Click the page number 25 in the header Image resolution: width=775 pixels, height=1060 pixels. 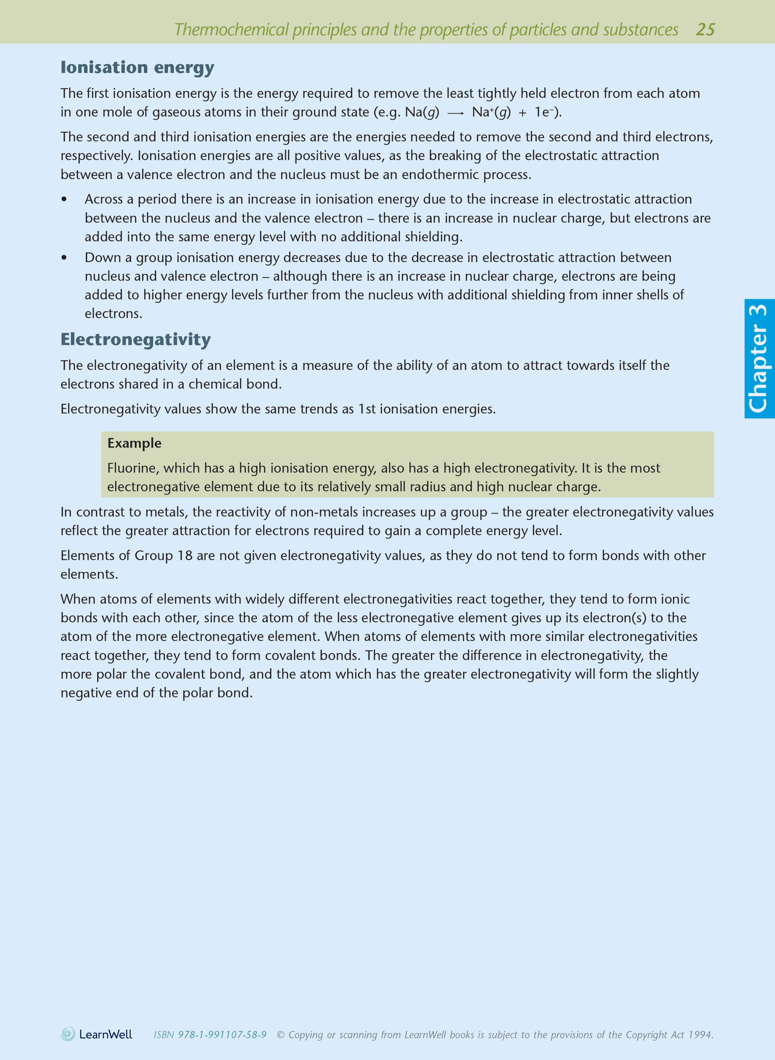[x=705, y=29]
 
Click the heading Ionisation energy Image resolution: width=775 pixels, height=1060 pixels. [x=137, y=68]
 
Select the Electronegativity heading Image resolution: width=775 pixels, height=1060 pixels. [x=135, y=339]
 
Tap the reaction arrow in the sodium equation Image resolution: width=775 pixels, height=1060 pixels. [x=455, y=113]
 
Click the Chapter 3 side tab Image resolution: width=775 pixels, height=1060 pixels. [x=759, y=359]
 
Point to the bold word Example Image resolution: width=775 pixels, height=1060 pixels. [x=134, y=443]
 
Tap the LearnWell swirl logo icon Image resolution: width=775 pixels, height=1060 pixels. [x=68, y=1034]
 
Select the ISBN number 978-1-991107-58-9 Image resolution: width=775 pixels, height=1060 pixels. [x=222, y=1035]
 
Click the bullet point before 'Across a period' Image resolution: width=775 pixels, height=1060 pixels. [x=64, y=199]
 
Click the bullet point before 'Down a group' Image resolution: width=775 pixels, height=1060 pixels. [x=64, y=258]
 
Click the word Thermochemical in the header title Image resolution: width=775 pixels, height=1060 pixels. [x=231, y=30]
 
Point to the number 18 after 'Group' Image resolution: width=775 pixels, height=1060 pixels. [x=185, y=556]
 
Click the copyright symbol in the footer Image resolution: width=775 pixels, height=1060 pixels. [x=280, y=1035]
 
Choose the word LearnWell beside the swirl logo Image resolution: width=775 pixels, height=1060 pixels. [x=106, y=1034]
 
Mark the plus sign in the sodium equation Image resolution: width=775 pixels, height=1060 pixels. [x=523, y=113]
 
